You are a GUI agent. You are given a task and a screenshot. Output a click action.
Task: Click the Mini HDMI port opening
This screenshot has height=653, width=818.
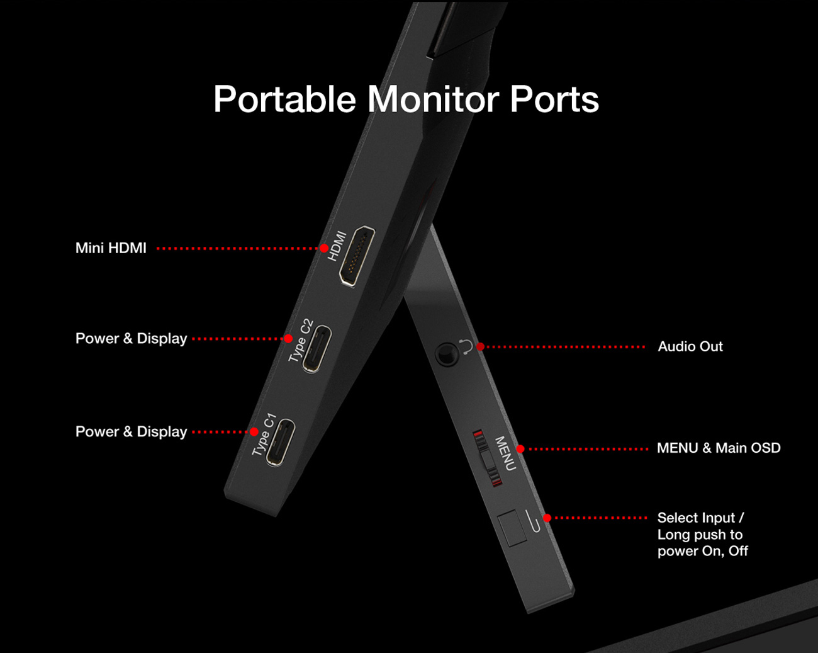(357, 256)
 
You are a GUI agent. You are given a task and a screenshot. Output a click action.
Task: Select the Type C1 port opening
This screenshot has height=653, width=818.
(281, 442)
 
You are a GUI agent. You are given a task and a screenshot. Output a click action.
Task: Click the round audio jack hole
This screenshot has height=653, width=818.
(447, 355)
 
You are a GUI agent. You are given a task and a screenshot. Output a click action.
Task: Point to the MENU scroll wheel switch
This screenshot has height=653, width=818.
(488, 458)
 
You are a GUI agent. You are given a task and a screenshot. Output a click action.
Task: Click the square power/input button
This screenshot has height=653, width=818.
(512, 528)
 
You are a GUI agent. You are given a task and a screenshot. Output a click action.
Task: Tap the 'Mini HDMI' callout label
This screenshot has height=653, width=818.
(111, 248)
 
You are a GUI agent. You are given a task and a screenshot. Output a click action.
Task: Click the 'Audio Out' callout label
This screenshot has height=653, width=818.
(690, 346)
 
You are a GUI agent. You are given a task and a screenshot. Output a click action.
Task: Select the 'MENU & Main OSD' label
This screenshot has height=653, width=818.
(718, 448)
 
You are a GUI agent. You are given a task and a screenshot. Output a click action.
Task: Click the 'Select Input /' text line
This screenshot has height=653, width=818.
(700, 518)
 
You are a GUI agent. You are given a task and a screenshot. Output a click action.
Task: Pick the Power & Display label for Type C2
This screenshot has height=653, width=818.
(131, 339)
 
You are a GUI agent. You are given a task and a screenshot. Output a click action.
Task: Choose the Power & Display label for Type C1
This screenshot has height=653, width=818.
(131, 432)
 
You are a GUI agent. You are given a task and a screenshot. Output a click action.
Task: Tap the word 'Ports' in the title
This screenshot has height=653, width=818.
(554, 99)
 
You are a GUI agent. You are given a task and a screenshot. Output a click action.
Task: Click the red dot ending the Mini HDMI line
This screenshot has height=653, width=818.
(324, 248)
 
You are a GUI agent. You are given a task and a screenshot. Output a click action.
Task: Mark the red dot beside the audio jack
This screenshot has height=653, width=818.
(480, 346)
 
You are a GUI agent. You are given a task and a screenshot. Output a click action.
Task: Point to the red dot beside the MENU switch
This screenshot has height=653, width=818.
(520, 449)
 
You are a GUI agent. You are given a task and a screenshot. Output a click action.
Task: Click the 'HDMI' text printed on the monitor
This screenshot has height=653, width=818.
(337, 246)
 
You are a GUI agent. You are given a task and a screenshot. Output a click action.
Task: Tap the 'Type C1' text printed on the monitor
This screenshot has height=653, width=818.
(264, 434)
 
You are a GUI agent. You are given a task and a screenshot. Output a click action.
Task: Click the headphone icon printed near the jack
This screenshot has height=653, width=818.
(465, 346)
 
